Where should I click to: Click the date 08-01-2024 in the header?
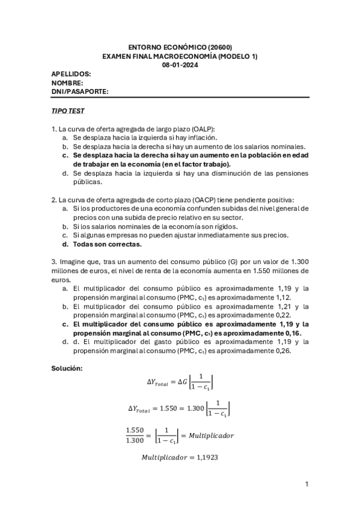pyautogui.click(x=180, y=66)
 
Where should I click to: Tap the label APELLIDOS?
pyautogui.click(x=72, y=74)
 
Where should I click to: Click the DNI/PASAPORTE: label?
pyautogui.click(x=80, y=91)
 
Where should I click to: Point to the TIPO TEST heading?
pyautogui.click(x=68, y=111)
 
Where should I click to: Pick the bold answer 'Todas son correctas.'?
pyautogui.click(x=108, y=244)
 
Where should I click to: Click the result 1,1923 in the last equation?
pyautogui.click(x=206, y=458)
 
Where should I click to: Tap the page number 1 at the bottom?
pyautogui.click(x=307, y=484)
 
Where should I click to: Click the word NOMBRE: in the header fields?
pyautogui.click(x=67, y=83)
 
